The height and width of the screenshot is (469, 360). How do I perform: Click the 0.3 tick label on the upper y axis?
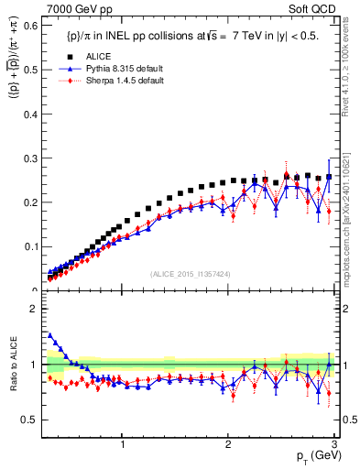pos(32,158)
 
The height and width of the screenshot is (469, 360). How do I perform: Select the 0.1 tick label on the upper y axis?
pos(32,246)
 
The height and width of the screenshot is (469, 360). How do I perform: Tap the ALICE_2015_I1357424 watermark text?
pos(191,273)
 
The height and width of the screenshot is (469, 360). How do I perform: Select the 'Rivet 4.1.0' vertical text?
pos(349,73)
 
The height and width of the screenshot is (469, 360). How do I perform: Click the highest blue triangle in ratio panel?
pos(49,335)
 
